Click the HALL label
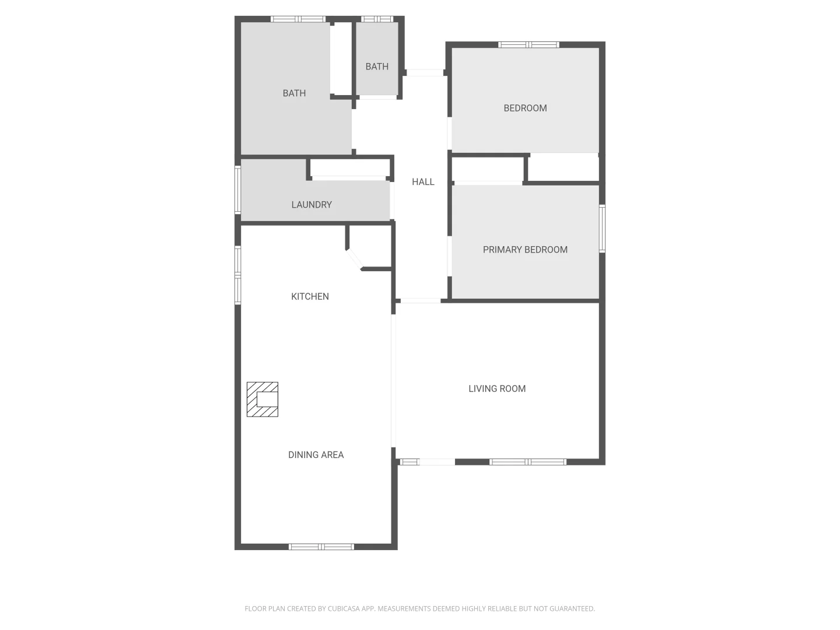423,182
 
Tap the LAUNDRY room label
311,205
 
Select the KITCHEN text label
310,296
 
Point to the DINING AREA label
316,455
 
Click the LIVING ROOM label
497,388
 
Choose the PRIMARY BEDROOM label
525,250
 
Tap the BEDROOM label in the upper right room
525,108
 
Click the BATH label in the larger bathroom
294,93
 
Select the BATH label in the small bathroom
377,66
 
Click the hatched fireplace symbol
262,400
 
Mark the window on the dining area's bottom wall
321,547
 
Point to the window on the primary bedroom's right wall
602,228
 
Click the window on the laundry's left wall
237,190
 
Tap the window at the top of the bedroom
528,45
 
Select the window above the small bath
377,19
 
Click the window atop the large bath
298,19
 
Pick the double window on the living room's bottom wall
527,462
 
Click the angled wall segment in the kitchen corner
354,258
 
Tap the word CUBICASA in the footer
343,608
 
